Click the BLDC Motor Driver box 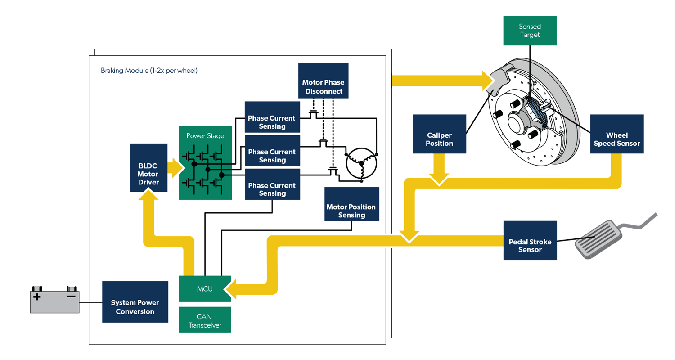tap(148, 167)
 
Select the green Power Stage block tap(205, 162)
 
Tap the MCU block tap(205, 288)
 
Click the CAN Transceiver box tap(205, 320)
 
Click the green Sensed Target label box tap(530, 31)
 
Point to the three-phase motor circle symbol tap(360, 163)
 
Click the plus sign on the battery tap(37, 297)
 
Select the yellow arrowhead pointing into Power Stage tap(178, 167)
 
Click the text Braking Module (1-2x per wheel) tap(149, 71)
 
